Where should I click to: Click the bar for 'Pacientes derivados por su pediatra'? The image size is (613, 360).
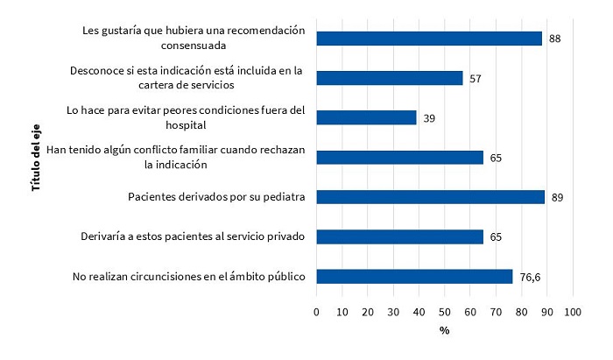430,197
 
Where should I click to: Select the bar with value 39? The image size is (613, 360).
366,117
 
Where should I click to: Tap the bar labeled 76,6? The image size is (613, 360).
414,277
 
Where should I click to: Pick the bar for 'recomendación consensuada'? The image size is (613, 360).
429,39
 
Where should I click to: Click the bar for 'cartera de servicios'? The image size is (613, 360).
389,78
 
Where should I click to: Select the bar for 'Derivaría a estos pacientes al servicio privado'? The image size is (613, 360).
399,236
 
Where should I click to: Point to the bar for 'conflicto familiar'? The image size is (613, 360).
399,158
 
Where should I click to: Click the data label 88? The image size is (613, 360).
554,39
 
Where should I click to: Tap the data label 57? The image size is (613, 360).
475,78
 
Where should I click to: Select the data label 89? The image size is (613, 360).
557,197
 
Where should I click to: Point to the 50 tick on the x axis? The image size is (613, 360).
445,312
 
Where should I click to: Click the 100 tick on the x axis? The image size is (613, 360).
574,312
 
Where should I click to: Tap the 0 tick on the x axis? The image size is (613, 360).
316,312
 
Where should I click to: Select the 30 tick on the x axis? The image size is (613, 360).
393,312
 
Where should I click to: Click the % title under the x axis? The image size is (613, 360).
444,331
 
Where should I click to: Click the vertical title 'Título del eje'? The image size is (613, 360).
36,157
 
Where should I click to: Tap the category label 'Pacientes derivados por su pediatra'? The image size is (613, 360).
216,197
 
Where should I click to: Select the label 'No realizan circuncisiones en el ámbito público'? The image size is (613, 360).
188,277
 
